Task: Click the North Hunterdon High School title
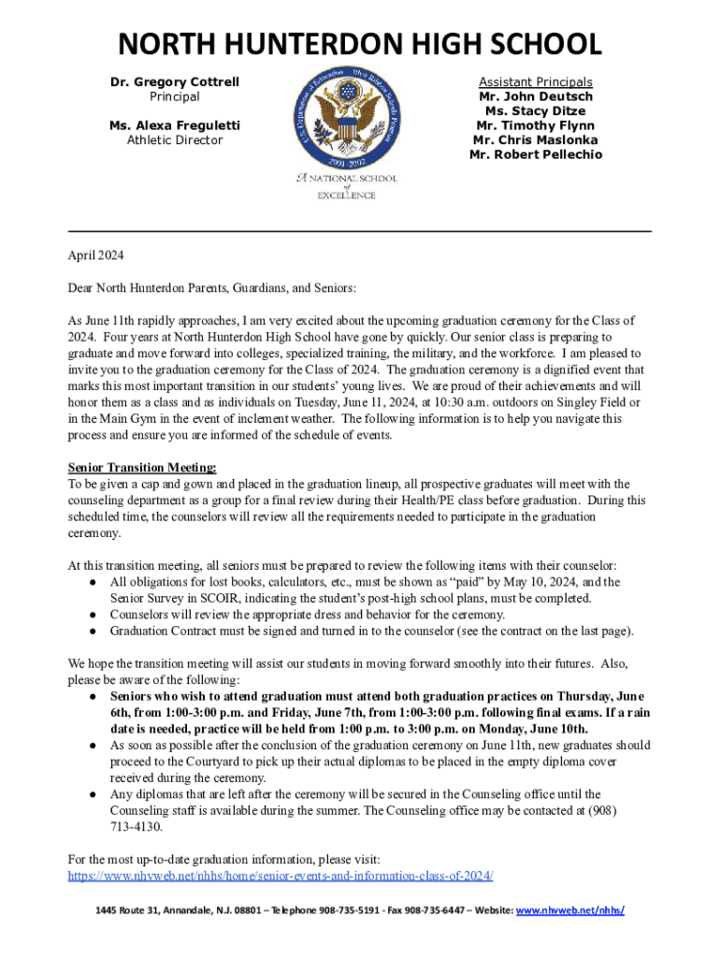[359, 44]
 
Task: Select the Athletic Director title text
[175, 140]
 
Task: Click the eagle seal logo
[345, 116]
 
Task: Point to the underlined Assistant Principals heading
[536, 82]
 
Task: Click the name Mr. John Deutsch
[536, 96]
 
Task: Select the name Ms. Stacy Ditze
[536, 111]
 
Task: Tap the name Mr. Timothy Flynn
[536, 125]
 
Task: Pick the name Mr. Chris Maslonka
[536, 140]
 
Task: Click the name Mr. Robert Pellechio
[536, 154]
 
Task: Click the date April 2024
[95, 255]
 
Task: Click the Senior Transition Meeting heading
[142, 467]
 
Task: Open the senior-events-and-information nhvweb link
[281, 877]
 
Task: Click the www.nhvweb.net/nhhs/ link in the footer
[570, 910]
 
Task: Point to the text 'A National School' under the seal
[347, 178]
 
